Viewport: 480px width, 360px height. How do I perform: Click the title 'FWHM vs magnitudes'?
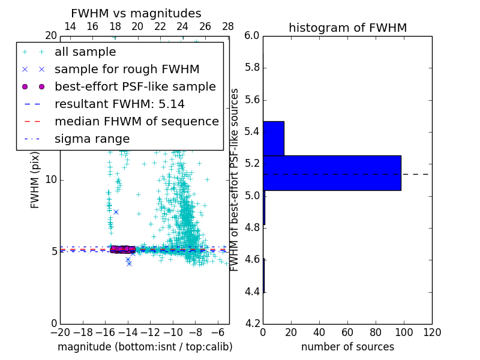(x=136, y=13)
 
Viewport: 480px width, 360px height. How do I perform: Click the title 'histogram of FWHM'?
(x=347, y=28)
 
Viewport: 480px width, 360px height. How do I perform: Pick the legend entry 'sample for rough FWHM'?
(x=127, y=69)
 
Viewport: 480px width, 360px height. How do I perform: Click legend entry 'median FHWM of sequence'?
(x=136, y=121)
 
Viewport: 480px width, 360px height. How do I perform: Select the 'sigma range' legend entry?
(x=92, y=139)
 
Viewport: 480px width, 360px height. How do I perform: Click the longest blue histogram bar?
(x=332, y=173)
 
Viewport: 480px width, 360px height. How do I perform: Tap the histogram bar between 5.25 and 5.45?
(x=274, y=138)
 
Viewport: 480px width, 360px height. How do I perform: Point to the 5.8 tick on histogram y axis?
(x=252, y=68)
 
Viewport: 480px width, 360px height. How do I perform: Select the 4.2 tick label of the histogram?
(x=252, y=324)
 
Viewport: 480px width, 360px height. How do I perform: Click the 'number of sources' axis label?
(x=347, y=347)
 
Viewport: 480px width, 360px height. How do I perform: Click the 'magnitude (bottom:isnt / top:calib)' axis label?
(x=145, y=347)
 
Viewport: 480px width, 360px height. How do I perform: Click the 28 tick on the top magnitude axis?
(x=228, y=26)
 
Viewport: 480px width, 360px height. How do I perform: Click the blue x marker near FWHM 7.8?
(x=116, y=212)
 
